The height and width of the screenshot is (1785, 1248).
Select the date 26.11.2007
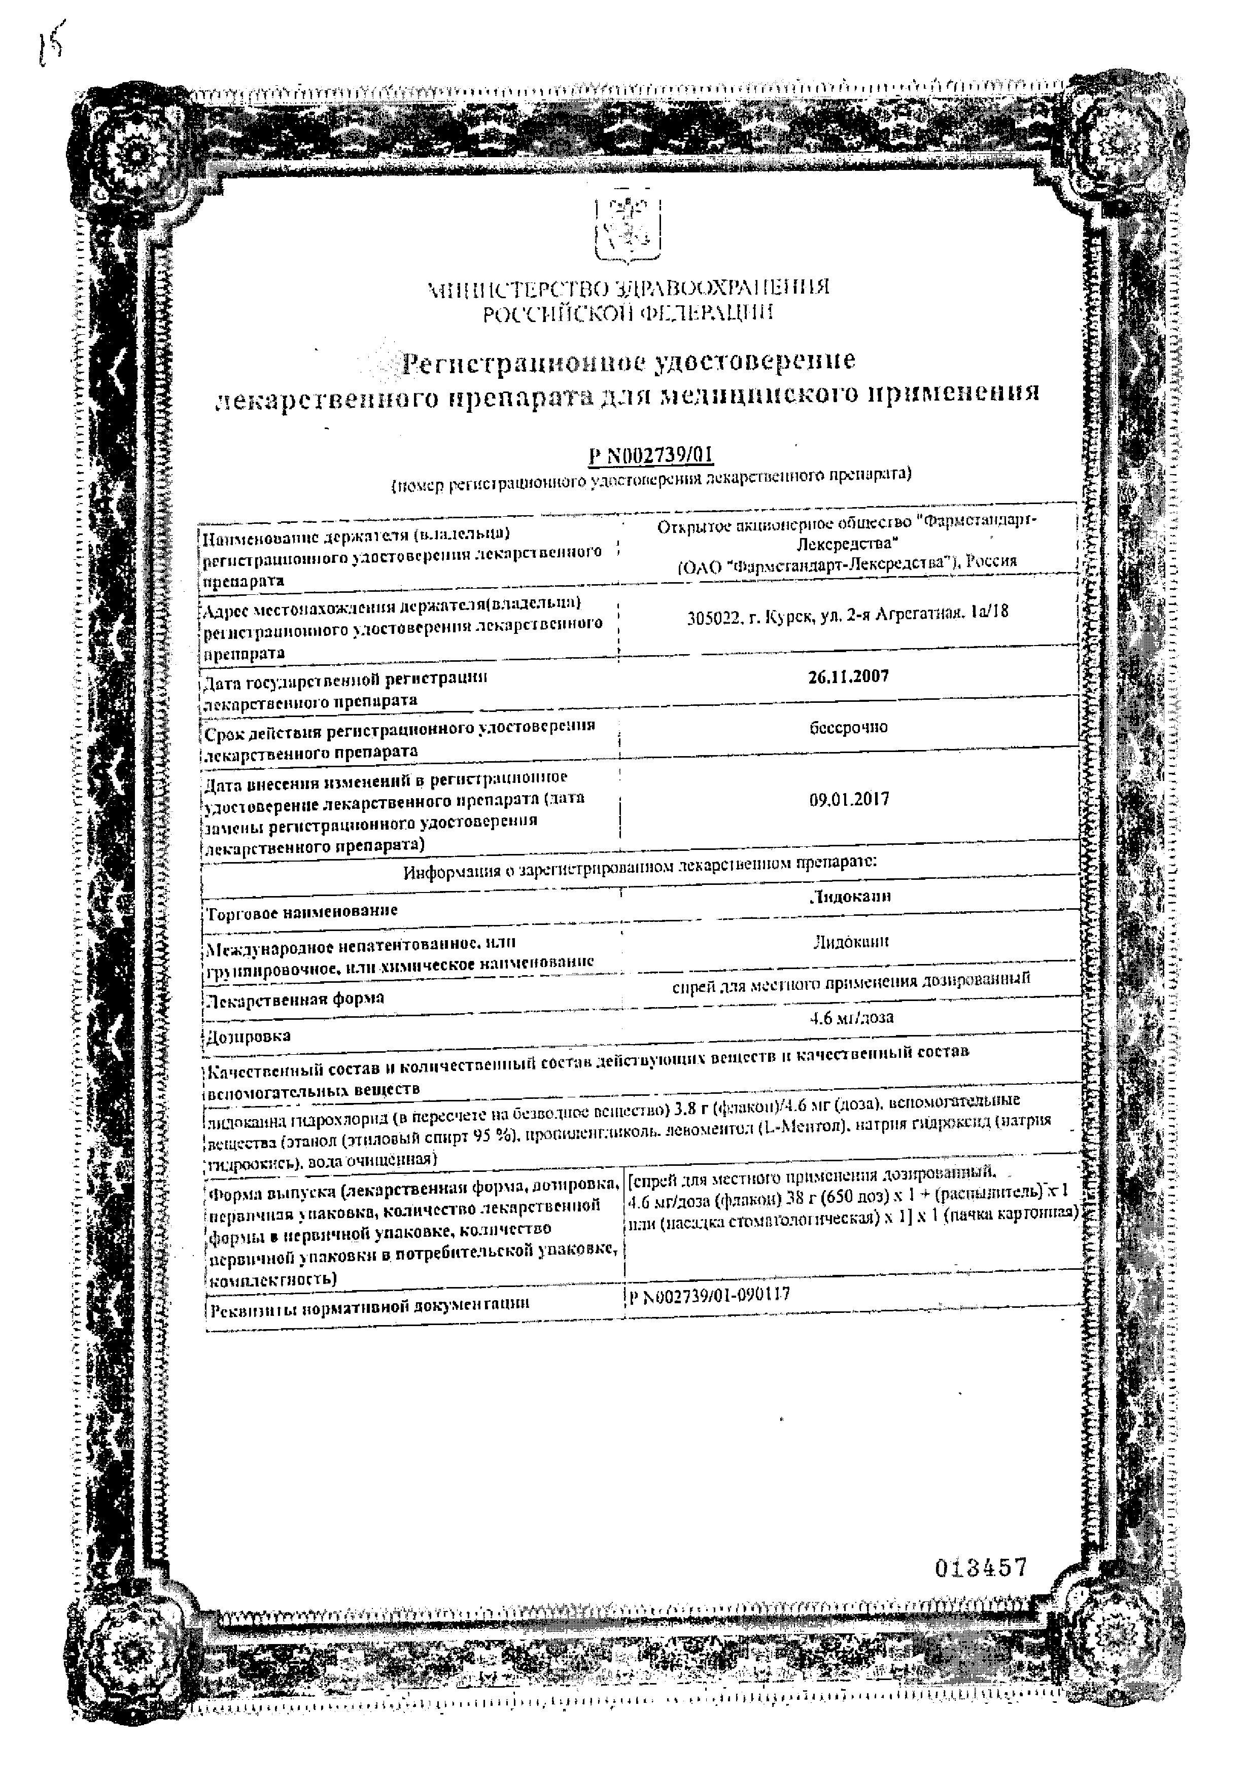click(848, 675)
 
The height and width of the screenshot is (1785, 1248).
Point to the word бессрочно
click(848, 727)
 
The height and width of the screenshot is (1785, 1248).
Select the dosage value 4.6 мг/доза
click(851, 1017)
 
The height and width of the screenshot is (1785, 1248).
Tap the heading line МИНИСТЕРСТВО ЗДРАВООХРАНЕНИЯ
click(628, 289)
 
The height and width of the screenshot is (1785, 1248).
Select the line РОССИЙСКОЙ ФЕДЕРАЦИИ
click(628, 313)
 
